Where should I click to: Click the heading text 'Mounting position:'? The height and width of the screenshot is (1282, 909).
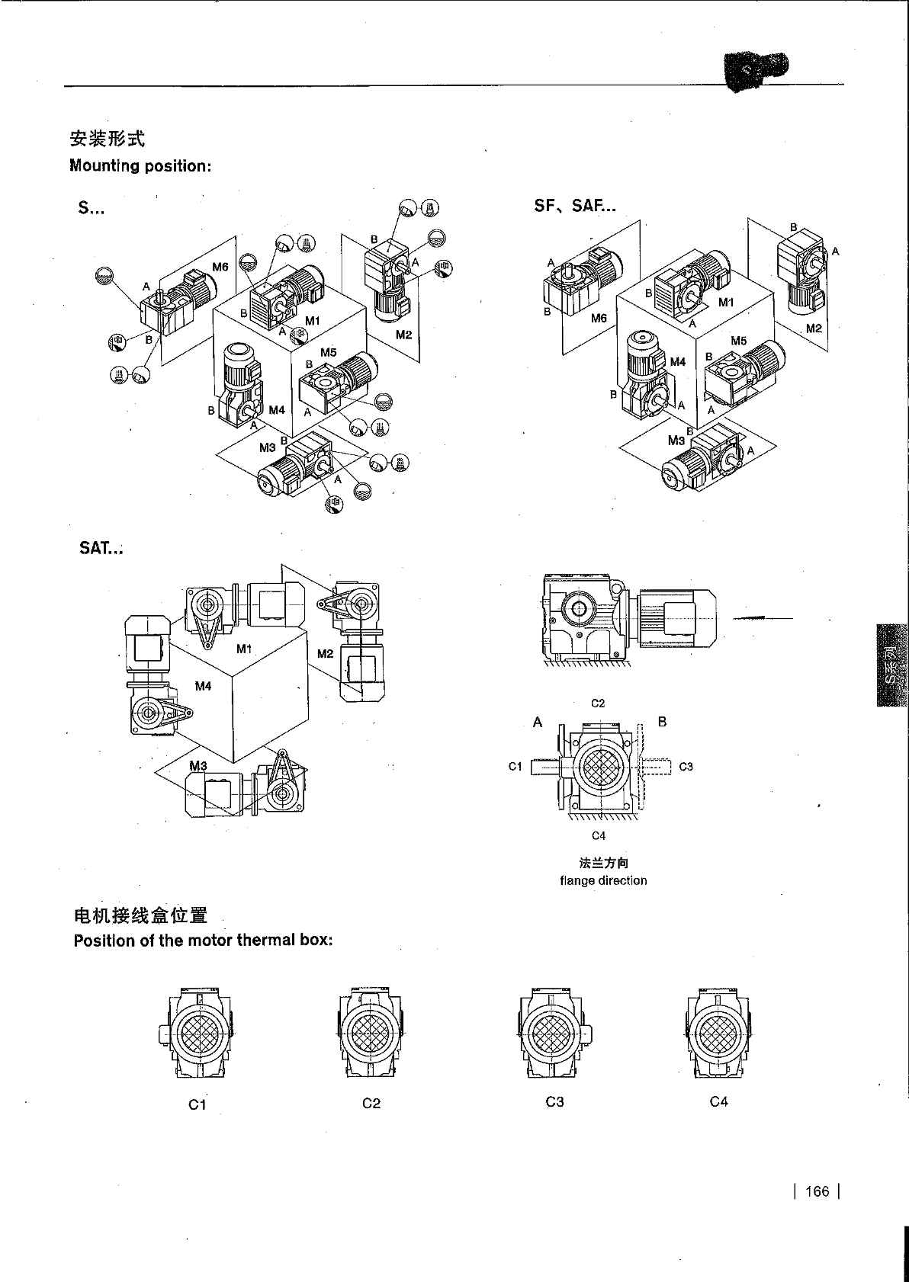(x=140, y=165)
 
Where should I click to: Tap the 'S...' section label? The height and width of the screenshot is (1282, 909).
(x=91, y=208)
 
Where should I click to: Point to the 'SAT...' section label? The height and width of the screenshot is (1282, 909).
(x=101, y=548)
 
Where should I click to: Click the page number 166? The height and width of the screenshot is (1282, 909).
(x=816, y=1191)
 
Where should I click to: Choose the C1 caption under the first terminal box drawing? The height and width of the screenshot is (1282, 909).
(x=198, y=1104)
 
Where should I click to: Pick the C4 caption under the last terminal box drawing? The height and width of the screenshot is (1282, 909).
(x=718, y=1101)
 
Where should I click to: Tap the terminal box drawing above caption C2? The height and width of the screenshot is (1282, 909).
(x=371, y=1032)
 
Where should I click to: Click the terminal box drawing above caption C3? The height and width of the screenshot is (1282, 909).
(x=554, y=1032)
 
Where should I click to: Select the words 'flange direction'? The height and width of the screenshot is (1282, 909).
(x=603, y=880)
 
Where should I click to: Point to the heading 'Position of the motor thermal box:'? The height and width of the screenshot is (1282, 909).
(x=203, y=940)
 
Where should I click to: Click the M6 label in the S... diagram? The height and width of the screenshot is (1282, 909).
(x=220, y=267)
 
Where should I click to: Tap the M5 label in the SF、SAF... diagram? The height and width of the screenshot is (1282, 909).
(x=738, y=341)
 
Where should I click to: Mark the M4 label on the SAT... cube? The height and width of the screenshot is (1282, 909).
(x=203, y=686)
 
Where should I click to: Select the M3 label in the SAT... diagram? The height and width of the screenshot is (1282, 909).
(x=198, y=765)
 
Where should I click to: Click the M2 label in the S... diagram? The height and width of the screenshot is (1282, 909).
(x=403, y=335)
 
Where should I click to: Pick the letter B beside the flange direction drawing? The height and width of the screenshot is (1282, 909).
(x=662, y=721)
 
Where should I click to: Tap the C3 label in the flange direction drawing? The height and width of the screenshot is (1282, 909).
(x=686, y=767)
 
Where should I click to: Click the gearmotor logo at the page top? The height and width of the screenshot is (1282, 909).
(x=754, y=71)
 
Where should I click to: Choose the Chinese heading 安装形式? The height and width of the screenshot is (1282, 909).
(x=107, y=139)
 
